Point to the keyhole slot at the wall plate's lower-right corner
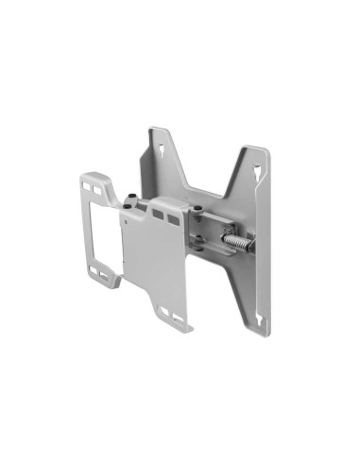click(256, 294)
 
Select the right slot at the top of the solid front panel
click(174, 219)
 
